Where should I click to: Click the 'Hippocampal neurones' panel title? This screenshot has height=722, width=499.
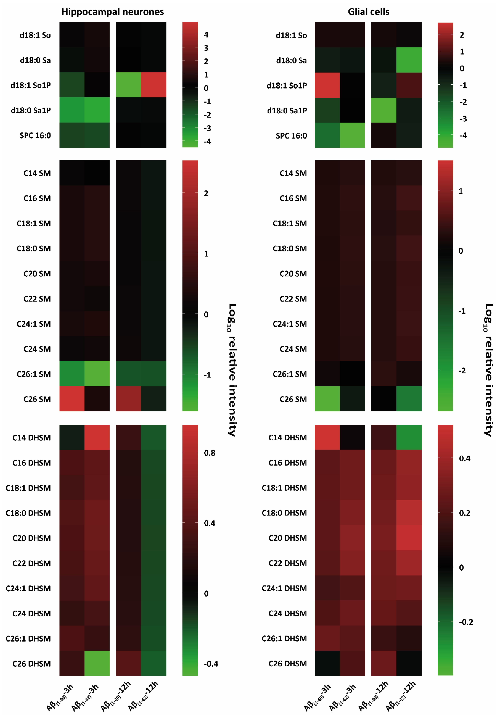click(x=113, y=12)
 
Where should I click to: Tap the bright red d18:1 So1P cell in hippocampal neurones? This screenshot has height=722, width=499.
click(x=154, y=85)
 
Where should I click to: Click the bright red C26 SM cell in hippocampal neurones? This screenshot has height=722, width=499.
click(x=72, y=399)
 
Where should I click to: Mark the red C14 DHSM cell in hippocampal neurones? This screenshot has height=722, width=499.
click(x=97, y=437)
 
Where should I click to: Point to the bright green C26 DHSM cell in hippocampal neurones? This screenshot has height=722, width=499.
click(x=97, y=663)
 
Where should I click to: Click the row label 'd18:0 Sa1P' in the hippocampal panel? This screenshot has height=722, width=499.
click(x=31, y=110)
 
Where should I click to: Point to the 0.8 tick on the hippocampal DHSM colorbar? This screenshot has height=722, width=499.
click(x=209, y=453)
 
